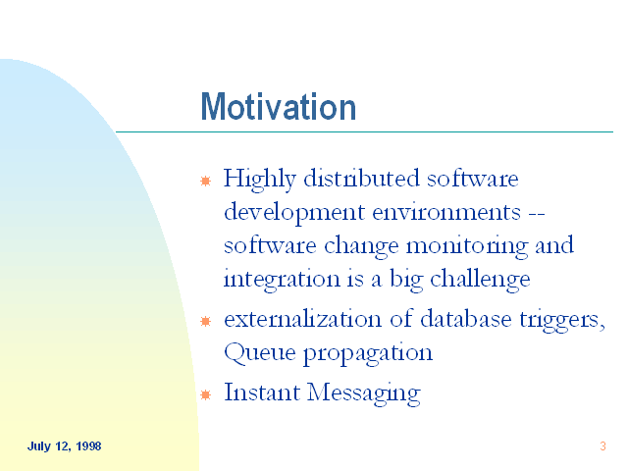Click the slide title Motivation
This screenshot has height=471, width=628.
278,107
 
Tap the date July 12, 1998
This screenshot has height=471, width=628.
64,446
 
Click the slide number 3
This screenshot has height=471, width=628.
602,446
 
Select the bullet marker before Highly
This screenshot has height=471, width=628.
205,181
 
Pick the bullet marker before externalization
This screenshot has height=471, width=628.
205,321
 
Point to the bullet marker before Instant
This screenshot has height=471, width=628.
205,394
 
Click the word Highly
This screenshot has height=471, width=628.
259,180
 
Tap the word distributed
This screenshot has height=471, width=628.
361,178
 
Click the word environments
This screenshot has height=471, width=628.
446,213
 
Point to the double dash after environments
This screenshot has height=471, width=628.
537,214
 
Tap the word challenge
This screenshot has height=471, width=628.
480,280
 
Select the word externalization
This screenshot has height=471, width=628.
302,319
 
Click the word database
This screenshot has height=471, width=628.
466,319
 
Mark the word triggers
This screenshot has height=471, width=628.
561,321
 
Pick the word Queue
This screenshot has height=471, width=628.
259,353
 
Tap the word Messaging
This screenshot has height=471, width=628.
364,393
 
